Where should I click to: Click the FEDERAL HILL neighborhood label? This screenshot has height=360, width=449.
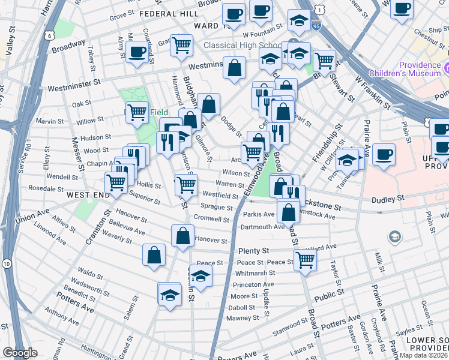click(167, 13)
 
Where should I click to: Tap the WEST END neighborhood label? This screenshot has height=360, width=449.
click(88, 195)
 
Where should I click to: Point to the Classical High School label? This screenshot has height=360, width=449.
click(243, 46)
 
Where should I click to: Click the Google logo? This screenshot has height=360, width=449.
click(20, 353)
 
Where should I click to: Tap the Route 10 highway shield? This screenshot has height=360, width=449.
click(6, 263)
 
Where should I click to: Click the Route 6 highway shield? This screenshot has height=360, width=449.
click(49, 36)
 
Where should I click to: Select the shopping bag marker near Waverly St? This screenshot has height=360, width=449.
click(154, 254)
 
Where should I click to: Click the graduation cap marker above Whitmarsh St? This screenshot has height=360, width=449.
click(201, 276)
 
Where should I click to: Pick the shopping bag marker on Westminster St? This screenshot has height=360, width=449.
click(234, 67)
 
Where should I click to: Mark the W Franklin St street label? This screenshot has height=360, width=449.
click(373, 89)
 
